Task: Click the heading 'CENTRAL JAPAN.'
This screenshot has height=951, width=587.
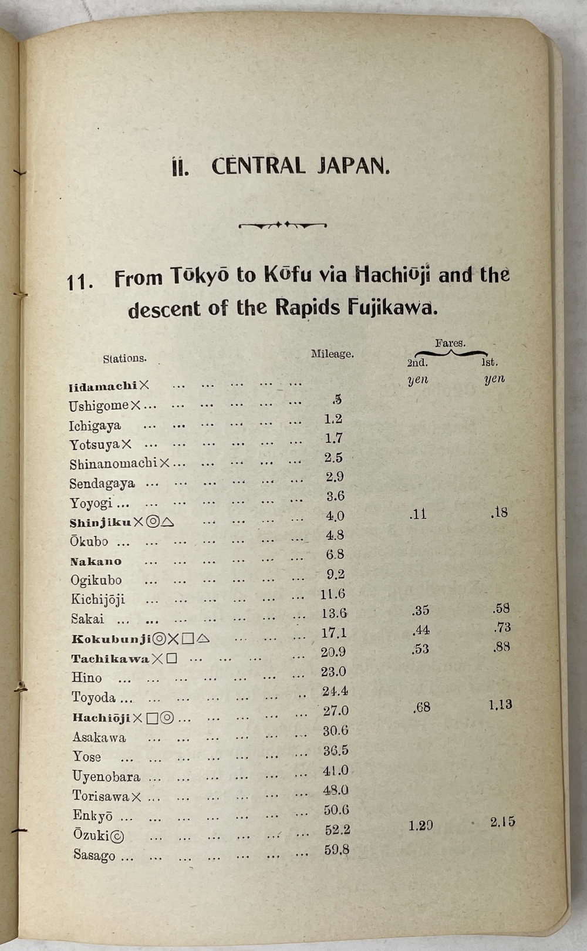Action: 301,166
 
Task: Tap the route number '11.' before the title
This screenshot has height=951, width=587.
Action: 80,282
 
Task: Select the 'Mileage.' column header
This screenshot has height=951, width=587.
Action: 332,354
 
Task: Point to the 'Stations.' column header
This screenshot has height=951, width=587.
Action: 124,358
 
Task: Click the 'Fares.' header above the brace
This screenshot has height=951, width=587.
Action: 450,343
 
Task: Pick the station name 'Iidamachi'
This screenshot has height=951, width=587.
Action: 103,386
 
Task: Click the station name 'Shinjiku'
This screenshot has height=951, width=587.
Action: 100,522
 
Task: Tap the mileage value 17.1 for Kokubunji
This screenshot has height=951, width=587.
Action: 334,632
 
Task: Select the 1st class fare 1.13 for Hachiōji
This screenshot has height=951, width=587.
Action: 500,704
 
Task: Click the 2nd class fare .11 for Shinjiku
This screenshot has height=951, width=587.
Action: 417,515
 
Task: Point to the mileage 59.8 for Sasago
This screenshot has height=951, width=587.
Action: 336,849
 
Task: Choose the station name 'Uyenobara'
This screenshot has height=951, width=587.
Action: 106,777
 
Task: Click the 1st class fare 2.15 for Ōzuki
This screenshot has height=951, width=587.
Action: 502,822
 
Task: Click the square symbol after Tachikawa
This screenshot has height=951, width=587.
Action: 171,658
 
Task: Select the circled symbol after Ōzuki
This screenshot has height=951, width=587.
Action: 117,835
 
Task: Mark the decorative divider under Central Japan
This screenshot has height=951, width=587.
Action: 283,224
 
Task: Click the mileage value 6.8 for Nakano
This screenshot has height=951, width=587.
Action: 335,554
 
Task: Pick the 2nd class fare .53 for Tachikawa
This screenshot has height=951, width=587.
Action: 420,649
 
